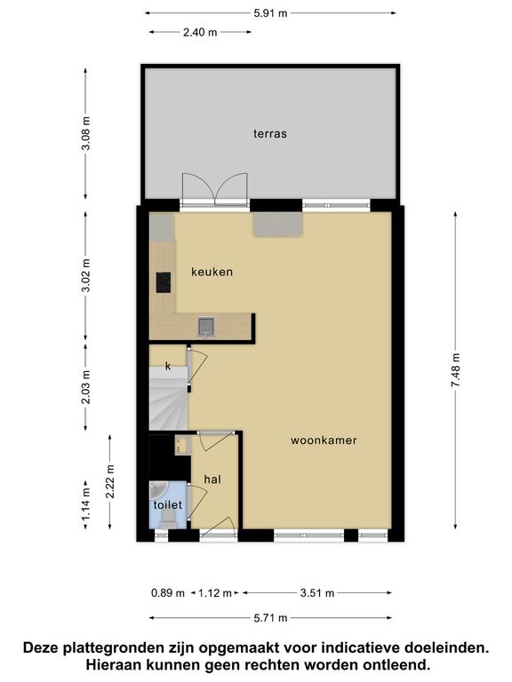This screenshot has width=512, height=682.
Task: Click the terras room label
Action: click(x=270, y=133)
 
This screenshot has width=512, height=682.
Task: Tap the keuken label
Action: click(x=212, y=272)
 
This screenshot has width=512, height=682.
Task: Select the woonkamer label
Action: click(x=324, y=440)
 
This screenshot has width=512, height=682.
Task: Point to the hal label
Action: click(x=212, y=480)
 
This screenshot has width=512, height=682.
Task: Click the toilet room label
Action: click(x=168, y=505)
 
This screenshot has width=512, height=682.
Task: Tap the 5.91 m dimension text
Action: click(x=270, y=13)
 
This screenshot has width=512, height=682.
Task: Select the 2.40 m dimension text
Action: click(x=200, y=32)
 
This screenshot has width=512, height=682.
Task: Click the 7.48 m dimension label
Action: click(x=455, y=369)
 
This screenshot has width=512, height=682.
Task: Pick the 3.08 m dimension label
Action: click(x=85, y=133)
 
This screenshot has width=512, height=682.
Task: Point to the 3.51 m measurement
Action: click(x=317, y=593)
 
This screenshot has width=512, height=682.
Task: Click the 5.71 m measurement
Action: click(x=270, y=618)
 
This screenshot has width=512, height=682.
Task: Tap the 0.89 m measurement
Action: click(x=168, y=593)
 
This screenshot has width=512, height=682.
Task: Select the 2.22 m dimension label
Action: click(x=109, y=481)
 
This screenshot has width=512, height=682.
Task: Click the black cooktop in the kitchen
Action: click(x=164, y=282)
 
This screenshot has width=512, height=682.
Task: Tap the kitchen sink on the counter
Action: click(x=206, y=327)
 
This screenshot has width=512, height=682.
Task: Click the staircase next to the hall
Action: click(x=169, y=399)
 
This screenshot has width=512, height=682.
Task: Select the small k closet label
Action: click(x=168, y=366)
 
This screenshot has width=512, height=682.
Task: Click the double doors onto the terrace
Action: click(x=214, y=189)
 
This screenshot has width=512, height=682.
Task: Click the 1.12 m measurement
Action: click(x=215, y=593)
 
